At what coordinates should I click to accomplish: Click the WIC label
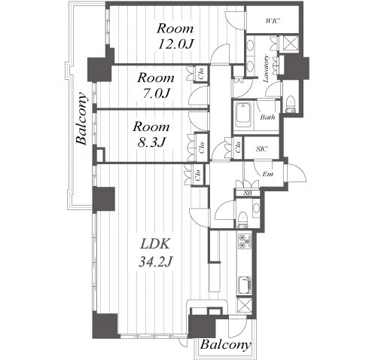[x=272, y=21]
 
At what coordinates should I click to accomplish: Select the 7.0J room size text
[x=156, y=93]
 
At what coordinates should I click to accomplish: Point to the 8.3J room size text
[x=151, y=142]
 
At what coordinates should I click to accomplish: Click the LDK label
[x=155, y=244]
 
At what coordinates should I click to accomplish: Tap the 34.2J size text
[x=155, y=262]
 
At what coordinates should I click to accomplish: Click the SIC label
[x=261, y=149]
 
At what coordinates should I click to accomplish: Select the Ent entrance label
[x=267, y=174]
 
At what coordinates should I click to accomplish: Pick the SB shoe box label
[x=248, y=193]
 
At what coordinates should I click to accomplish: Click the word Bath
[x=267, y=117]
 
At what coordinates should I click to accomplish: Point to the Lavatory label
[x=266, y=69]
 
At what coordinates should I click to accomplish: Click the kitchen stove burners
[x=245, y=241]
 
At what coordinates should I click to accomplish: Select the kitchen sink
[x=245, y=285]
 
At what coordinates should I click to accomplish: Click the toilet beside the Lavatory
[x=291, y=104]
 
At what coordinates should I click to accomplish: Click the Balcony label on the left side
[x=82, y=119]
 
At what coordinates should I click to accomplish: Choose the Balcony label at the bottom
[x=225, y=345]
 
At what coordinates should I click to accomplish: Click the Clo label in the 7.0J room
[x=201, y=74]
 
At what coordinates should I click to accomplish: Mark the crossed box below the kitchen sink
[x=245, y=305]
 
